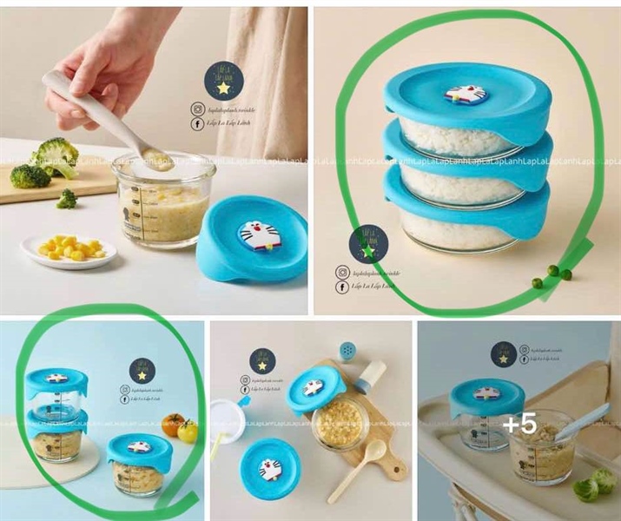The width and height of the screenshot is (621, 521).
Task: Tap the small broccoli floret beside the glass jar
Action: click(67, 199)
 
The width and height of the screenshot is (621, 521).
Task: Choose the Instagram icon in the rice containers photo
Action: click(343, 272)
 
